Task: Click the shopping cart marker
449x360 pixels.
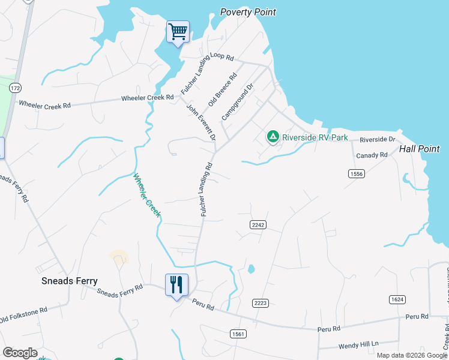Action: pos(178,31)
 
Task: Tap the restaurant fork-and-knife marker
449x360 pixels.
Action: pos(176,284)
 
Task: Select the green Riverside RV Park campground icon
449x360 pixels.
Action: pos(273,137)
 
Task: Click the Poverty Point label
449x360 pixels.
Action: pos(248,12)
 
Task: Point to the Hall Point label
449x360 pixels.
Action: pos(420,149)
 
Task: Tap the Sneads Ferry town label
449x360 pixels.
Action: pos(69,281)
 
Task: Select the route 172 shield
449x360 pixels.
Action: pos(15,88)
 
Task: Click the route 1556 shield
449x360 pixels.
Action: pos(356,173)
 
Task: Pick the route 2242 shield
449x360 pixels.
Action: pos(258,224)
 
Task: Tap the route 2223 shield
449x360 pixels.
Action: pos(260,303)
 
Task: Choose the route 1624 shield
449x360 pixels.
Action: pos(397,299)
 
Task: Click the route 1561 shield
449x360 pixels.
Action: pos(237,332)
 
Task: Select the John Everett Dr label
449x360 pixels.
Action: pos(201,122)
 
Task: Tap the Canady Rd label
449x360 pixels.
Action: pos(372,155)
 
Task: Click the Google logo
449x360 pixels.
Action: pos(20,353)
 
